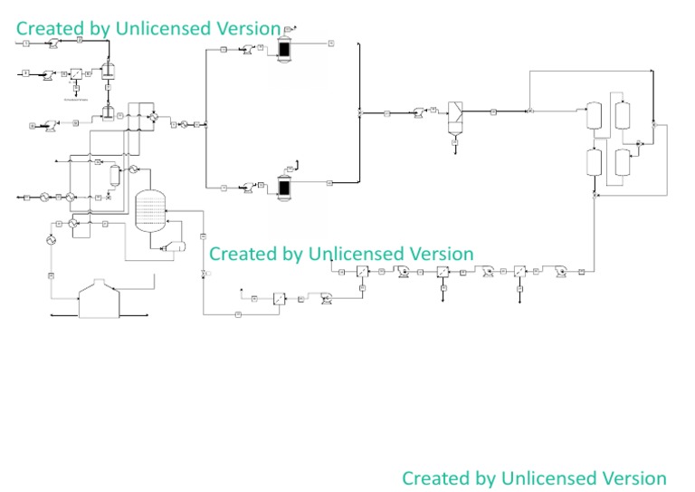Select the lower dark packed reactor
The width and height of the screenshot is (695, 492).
[x=284, y=187]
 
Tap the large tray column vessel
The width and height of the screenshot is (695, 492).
[x=150, y=210]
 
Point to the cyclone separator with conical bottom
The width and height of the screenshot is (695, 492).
[x=456, y=120]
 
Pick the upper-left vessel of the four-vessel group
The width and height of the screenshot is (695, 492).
[x=595, y=116]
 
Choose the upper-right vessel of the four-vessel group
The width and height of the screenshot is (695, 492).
[x=623, y=115]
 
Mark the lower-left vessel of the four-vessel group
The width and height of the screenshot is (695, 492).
[x=595, y=162]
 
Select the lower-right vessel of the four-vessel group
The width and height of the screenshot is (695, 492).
[x=623, y=163]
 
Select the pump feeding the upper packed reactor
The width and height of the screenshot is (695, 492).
[x=245, y=51]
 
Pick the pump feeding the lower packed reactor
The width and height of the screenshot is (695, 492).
[x=245, y=188]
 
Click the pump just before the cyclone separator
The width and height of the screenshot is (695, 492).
[x=418, y=111]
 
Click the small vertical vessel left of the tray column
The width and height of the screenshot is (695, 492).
[x=115, y=176]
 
